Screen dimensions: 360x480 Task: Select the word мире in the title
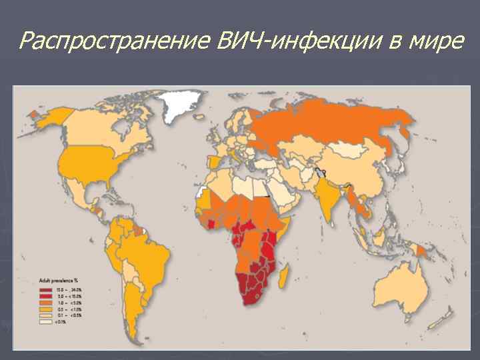click(x=437, y=41)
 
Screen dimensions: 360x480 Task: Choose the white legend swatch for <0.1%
click(x=45, y=322)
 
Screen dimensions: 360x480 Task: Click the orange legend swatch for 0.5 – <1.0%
click(x=45, y=310)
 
